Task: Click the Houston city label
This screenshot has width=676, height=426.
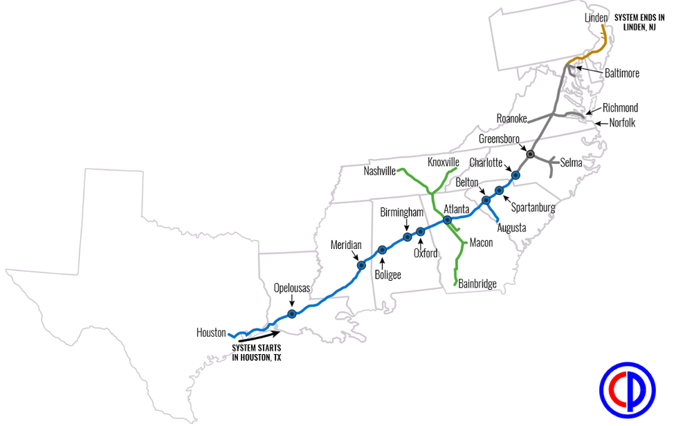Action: pos(211,333)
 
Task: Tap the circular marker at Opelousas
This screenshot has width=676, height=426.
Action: pos(292,314)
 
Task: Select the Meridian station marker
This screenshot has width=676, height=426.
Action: pos(360,265)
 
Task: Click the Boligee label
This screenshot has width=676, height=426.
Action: pos(387,275)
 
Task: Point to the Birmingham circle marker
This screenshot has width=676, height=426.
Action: pos(407,237)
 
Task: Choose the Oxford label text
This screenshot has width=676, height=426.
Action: pos(426,253)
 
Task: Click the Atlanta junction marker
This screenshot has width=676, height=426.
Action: pos(447,220)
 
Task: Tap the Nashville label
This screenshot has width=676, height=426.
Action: pos(379,171)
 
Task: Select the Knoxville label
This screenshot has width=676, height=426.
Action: pos(444,162)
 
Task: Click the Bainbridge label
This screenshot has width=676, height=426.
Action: pos(477,284)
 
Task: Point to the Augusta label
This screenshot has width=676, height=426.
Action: pos(512,228)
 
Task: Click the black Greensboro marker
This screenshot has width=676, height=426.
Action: pos(531,154)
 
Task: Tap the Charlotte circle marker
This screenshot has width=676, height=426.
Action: pos(515,175)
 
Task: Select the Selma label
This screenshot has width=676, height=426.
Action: pos(572,163)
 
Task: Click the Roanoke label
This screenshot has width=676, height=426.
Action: pos(512,118)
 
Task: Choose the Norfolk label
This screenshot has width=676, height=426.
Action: pos(622,123)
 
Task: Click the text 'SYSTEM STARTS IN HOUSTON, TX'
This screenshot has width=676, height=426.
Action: pos(257,353)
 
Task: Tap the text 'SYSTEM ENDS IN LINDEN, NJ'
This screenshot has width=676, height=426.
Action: pos(639,22)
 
